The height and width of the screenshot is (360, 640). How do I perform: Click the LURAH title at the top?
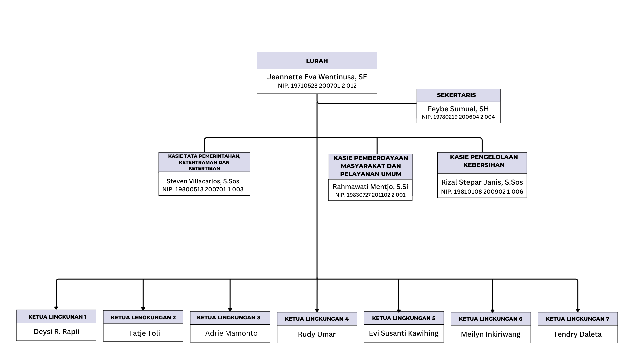(x=317, y=61)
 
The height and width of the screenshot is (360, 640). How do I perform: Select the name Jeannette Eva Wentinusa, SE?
(x=317, y=77)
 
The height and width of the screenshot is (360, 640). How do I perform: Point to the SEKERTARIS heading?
(x=456, y=95)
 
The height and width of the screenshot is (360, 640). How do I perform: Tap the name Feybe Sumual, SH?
(x=458, y=109)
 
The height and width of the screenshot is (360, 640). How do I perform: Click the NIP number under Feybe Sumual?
(x=458, y=117)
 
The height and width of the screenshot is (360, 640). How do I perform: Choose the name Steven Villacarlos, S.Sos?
(x=203, y=181)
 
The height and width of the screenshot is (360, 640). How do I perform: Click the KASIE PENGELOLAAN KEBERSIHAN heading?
(x=484, y=161)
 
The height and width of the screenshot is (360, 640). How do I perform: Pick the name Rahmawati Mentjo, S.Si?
(x=370, y=187)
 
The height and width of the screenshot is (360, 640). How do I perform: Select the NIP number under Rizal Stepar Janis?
(x=482, y=192)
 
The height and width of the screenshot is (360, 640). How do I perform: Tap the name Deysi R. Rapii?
(x=56, y=332)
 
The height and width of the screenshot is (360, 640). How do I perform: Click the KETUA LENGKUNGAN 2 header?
(x=143, y=317)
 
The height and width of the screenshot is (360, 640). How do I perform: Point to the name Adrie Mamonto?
(x=231, y=333)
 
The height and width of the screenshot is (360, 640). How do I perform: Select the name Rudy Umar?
(x=317, y=334)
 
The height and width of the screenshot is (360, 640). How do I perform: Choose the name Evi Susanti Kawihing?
(x=404, y=333)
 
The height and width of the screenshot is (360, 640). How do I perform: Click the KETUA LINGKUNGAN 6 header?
(x=491, y=319)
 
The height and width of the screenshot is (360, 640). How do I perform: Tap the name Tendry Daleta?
(x=578, y=334)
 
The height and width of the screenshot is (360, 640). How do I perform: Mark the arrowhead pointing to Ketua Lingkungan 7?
(x=578, y=310)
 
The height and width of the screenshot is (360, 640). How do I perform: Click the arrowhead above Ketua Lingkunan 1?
(x=56, y=308)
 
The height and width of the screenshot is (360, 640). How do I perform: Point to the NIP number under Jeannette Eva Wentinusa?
(x=317, y=86)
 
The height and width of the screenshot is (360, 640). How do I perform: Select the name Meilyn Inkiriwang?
(x=491, y=334)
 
